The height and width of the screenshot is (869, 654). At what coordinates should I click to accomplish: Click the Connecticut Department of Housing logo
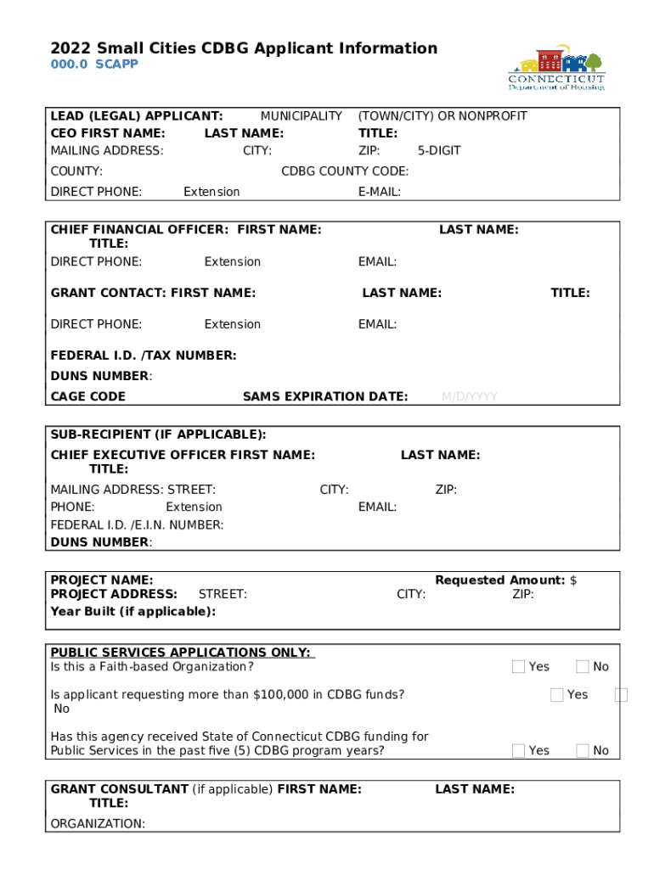pos(556,68)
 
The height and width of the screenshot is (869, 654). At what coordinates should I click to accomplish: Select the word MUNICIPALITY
pos(301,116)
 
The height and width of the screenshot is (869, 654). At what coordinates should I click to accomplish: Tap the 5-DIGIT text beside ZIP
pos(439,151)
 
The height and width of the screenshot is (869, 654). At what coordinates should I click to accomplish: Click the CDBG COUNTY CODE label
pos(345,171)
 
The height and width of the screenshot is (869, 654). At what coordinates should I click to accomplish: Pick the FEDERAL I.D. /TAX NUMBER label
pos(144,356)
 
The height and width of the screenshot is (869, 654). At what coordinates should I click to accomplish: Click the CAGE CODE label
pos(88,396)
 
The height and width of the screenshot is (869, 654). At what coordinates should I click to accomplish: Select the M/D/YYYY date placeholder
pos(469,396)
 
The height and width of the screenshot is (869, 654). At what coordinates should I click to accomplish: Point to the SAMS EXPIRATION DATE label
pos(325,396)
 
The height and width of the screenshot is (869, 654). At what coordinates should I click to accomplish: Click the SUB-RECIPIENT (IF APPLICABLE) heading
pos(158,434)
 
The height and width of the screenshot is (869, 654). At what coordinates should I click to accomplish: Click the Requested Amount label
pos(500,580)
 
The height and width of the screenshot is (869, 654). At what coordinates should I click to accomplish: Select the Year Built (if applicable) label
pos(133,611)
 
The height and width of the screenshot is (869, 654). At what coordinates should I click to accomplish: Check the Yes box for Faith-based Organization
pos(518,667)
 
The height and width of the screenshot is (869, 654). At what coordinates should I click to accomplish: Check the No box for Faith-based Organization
pos(583,667)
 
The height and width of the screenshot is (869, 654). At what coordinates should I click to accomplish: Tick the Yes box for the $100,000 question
pos(557,695)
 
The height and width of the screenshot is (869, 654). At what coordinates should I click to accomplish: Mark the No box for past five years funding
pos(583,750)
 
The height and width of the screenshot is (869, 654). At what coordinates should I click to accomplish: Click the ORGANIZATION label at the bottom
pos(98,823)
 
